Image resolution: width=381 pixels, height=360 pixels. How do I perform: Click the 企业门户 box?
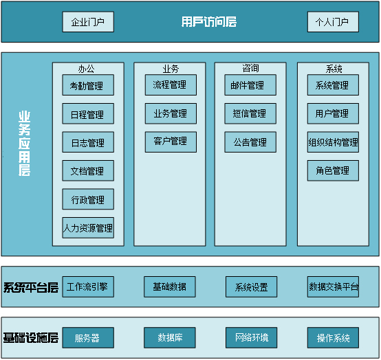pyautogui.click(x=88, y=22)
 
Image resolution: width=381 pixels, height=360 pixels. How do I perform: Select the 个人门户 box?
pyautogui.click(x=333, y=22)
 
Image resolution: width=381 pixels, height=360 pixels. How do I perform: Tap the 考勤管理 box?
pyautogui.click(x=88, y=86)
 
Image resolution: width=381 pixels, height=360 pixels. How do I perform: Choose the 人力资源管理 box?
pyautogui.click(x=88, y=228)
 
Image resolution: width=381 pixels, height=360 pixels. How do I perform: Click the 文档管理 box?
pyautogui.click(x=88, y=171)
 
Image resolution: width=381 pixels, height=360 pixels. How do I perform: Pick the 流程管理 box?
pyautogui.click(x=171, y=85)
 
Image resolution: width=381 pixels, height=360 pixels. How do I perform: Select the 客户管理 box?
pyautogui.click(x=171, y=142)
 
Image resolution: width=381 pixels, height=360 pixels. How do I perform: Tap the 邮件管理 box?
pyautogui.click(x=250, y=85)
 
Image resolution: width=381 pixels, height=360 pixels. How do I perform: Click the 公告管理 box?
pyautogui.click(x=250, y=142)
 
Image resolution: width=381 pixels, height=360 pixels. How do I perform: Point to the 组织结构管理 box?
pyautogui.click(x=333, y=142)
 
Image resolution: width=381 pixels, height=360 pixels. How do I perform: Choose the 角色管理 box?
pyautogui.click(x=333, y=170)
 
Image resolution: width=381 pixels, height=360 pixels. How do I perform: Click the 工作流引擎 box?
pyautogui.click(x=88, y=286)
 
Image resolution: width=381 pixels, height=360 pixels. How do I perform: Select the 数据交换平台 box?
pyautogui.click(x=333, y=286)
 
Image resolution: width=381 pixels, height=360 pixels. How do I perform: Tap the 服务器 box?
pyautogui.click(x=88, y=338)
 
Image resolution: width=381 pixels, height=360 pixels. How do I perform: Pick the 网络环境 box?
pyautogui.click(x=251, y=338)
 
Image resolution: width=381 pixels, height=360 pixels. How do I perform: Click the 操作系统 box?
pyautogui.click(x=333, y=338)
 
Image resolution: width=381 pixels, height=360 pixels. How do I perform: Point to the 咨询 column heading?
pyautogui.click(x=250, y=68)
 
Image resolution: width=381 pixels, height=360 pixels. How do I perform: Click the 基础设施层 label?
pyautogui.click(x=30, y=338)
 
